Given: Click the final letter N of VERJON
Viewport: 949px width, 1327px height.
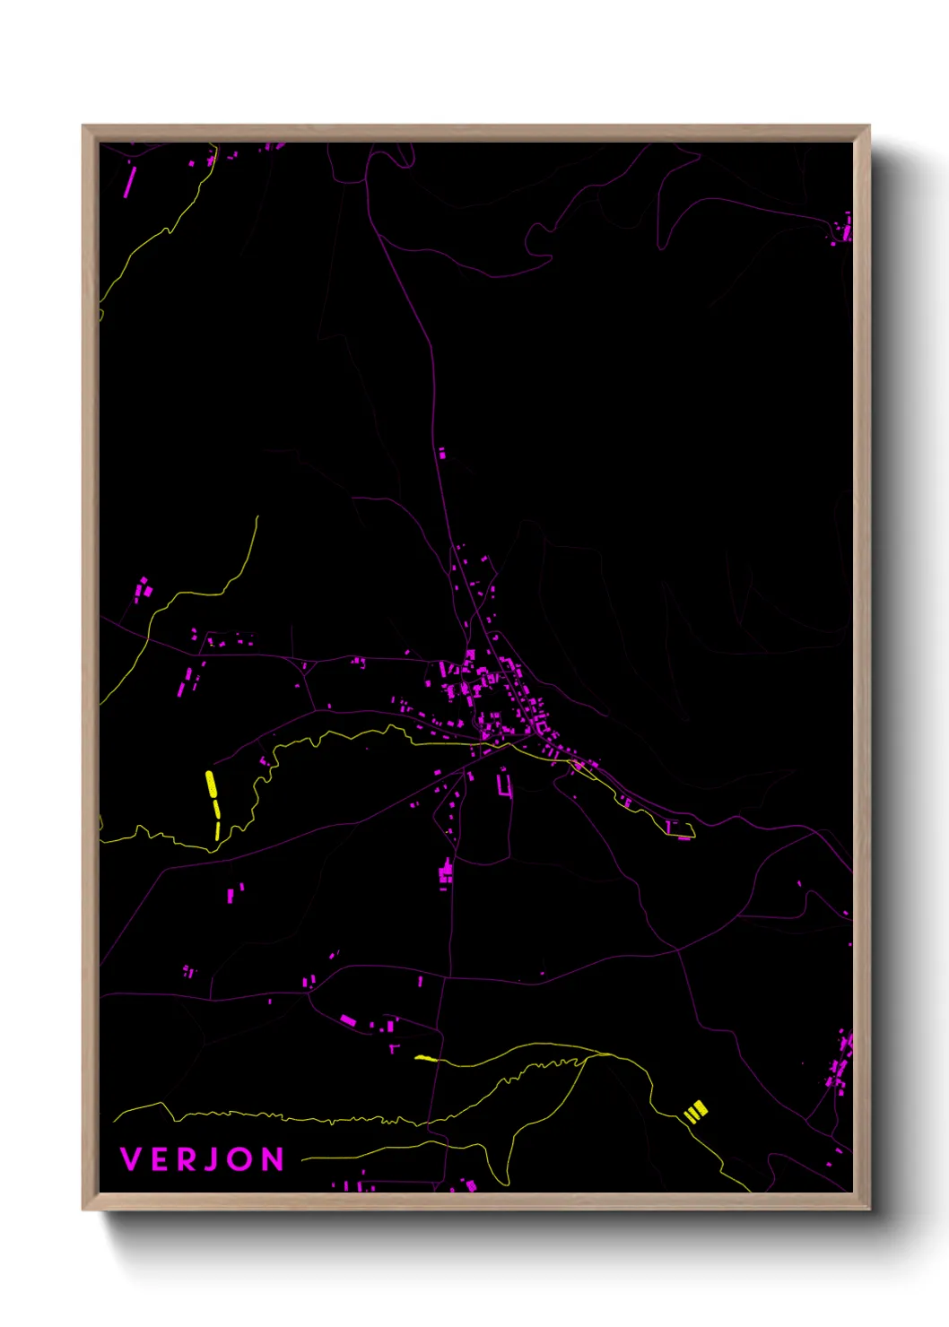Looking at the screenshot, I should coord(273,1159).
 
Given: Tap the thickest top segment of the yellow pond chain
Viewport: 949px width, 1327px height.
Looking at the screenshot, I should coord(211,784).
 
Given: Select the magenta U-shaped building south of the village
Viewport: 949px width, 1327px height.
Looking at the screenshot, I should coord(505,787).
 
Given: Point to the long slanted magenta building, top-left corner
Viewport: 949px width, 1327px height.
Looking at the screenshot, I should coord(129,181).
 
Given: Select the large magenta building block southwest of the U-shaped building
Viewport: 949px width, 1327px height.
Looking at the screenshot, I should coord(446,872).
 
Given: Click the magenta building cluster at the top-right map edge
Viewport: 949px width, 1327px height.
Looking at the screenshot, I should coord(843,230).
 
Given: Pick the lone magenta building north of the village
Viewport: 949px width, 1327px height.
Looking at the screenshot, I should coord(441,454).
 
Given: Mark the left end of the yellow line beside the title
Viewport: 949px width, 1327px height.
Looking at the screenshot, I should coord(303,1159).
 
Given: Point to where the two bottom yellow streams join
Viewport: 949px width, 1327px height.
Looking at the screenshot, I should coord(588,1057).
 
